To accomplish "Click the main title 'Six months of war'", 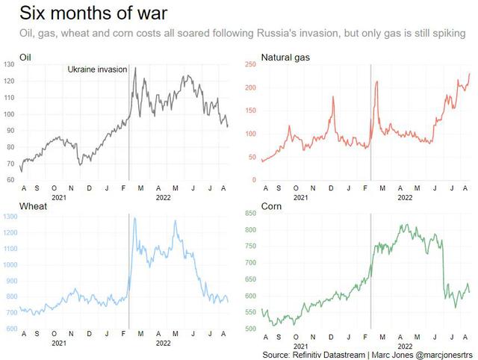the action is tap(93, 13).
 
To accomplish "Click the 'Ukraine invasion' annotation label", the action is tap(97, 69).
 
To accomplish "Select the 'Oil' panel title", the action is tap(25, 58).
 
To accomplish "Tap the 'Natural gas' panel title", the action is tap(285, 58).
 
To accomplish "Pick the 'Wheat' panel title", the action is tap(33, 206).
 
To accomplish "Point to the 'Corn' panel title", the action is tap(271, 206).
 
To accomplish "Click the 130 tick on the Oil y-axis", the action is tap(9, 64).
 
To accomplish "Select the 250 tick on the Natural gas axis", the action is tap(250, 64).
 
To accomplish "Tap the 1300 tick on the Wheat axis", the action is tap(10, 217).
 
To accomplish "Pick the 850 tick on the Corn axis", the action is tap(250, 214).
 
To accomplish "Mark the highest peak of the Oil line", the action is tap(135, 68).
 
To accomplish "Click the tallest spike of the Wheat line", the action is tap(134, 218).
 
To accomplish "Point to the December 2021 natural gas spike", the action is tap(333, 97).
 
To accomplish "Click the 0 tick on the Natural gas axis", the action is tap(254, 180).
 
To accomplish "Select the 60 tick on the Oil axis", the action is tap(10, 180).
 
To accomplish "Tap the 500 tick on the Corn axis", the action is tap(250, 329).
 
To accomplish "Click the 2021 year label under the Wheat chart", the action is tap(59, 344).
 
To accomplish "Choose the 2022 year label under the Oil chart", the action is tap(163, 197).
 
